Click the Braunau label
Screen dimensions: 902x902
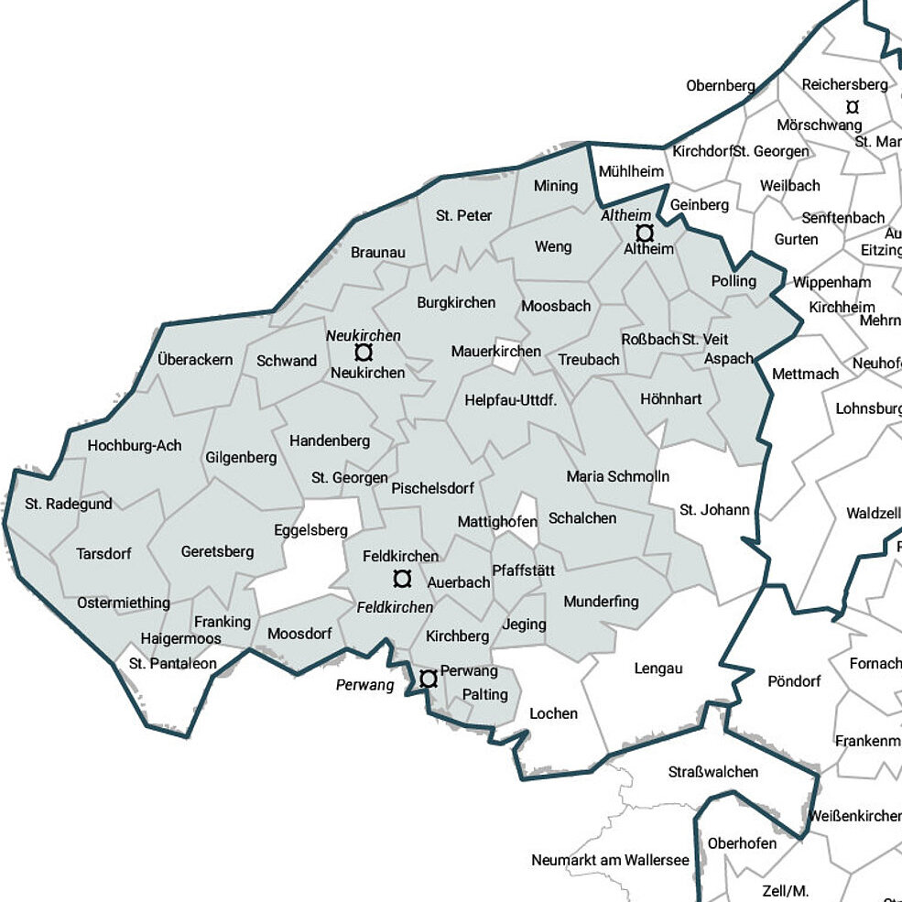coord(377,253)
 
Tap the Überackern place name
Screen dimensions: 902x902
coord(195,360)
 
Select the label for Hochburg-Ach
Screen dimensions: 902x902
coord(135,446)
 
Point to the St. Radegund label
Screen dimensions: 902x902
coord(69,504)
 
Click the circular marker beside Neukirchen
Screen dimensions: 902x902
coord(364,353)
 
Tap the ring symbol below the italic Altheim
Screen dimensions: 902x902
coord(645,233)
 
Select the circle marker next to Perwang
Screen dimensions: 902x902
coord(428,679)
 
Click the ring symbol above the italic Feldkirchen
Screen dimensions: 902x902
coord(401,579)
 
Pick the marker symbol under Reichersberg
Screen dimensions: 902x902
coord(853,106)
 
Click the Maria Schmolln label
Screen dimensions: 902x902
coord(617,476)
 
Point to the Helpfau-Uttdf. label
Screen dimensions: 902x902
coord(511,400)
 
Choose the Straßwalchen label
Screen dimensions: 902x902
coord(713,772)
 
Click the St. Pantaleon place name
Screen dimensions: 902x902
coord(173,664)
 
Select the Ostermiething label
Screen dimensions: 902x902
coord(124,603)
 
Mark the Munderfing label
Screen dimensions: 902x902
coord(601,602)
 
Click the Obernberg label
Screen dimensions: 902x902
coord(721,86)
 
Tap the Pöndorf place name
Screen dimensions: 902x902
coord(794,681)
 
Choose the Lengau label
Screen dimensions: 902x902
coord(658,668)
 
